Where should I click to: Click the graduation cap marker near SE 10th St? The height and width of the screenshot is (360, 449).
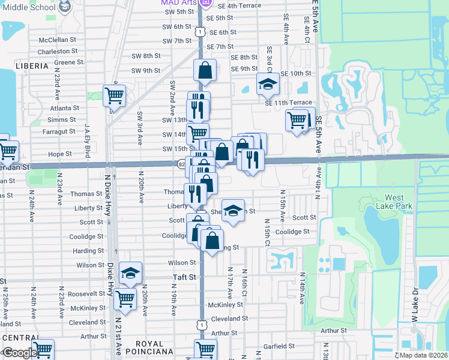pos(268,84)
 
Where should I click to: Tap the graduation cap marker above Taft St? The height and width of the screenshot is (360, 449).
pos(130,274)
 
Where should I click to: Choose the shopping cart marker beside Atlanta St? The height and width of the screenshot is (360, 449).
pos(113,95)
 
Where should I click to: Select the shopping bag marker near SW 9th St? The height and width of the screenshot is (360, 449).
pos(205,70)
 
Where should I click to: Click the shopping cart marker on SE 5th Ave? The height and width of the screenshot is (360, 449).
pos(297,119)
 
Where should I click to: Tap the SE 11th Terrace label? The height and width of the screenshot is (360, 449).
pos(288,103)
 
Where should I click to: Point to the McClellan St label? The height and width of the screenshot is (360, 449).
pos(58,40)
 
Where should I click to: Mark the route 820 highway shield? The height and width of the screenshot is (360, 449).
pos(181,163)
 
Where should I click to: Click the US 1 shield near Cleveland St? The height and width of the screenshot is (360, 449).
pos(202,325)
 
